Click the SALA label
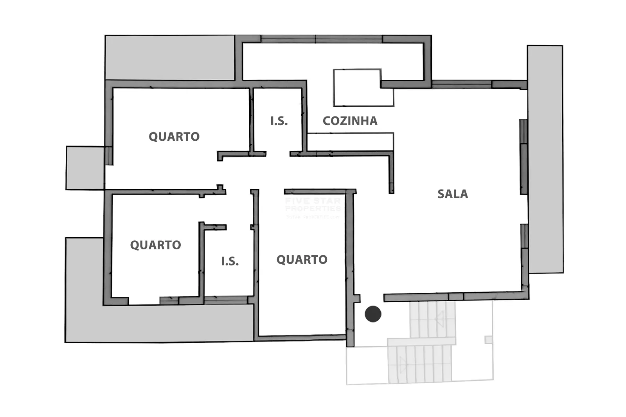452,194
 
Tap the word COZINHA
350,121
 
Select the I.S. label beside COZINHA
279,121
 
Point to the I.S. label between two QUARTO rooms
230,261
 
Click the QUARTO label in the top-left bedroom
174,136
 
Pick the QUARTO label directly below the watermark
302,260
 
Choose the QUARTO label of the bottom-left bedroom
155,245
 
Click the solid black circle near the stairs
373,314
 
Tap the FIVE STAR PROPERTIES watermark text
313,205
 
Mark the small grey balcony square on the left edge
85,168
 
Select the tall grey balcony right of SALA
545,159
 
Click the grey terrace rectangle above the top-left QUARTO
170,58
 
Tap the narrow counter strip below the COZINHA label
350,141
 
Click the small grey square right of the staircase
488,340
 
